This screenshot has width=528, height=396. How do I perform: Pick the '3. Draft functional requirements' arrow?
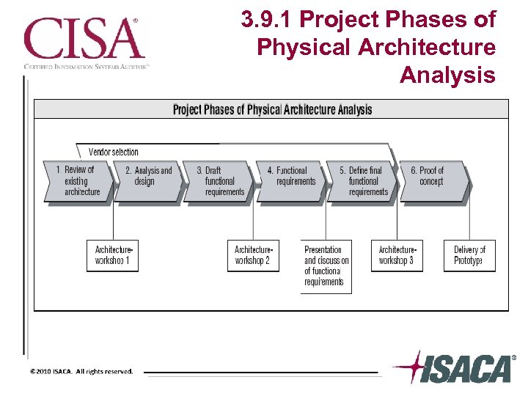(x=219, y=181)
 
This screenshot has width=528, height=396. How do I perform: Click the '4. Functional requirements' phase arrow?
(x=291, y=181)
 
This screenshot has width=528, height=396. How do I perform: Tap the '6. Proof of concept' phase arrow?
(x=433, y=181)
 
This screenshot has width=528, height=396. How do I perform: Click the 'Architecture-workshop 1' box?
(x=112, y=256)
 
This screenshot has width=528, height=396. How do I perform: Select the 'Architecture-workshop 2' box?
(x=253, y=256)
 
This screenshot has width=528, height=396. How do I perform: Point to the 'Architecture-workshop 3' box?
(x=397, y=256)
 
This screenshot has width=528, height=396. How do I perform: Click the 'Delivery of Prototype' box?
(x=469, y=256)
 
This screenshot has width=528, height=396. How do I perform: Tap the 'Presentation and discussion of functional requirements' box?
(x=326, y=266)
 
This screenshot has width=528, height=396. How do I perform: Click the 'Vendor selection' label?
(x=114, y=152)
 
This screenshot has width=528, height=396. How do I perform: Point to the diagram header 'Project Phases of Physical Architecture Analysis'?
(x=272, y=110)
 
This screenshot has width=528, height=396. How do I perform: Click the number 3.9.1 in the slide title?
(x=271, y=20)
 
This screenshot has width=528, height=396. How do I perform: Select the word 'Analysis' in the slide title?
(x=447, y=75)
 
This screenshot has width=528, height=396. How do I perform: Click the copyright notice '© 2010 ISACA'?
(x=81, y=371)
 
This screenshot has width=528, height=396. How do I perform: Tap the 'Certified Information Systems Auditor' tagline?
(x=87, y=65)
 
